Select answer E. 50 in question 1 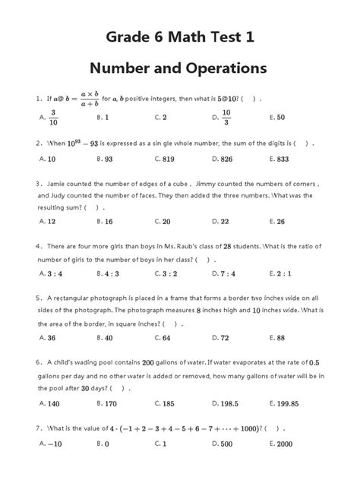click(x=278, y=118)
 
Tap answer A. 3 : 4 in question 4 click(x=49, y=273)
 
